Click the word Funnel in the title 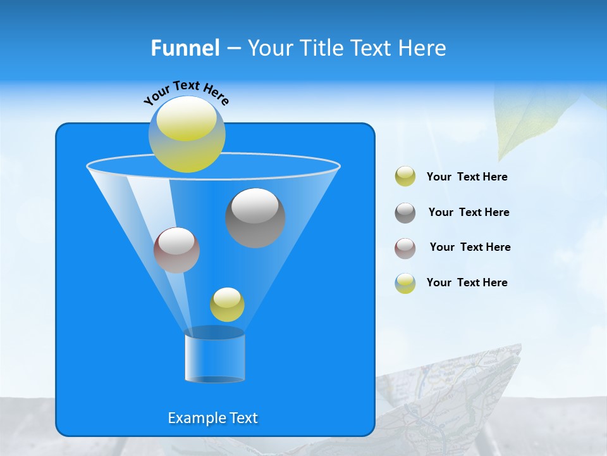pyautogui.click(x=185, y=48)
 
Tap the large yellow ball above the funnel pyautogui.click(x=187, y=134)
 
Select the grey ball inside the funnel pyautogui.click(x=255, y=218)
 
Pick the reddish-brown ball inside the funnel pyautogui.click(x=177, y=250)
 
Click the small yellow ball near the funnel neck pyautogui.click(x=227, y=305)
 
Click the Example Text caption pyautogui.click(x=213, y=418)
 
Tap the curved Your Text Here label pyautogui.click(x=187, y=92)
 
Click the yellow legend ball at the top pyautogui.click(x=405, y=177)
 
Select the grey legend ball pyautogui.click(x=405, y=213)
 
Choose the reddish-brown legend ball pyautogui.click(x=405, y=248)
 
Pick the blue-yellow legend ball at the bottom pyautogui.click(x=405, y=283)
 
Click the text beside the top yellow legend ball pyautogui.click(x=467, y=177)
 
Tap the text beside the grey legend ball pyautogui.click(x=469, y=212)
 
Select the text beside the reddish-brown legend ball pyautogui.click(x=470, y=247)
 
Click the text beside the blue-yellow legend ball pyautogui.click(x=467, y=282)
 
